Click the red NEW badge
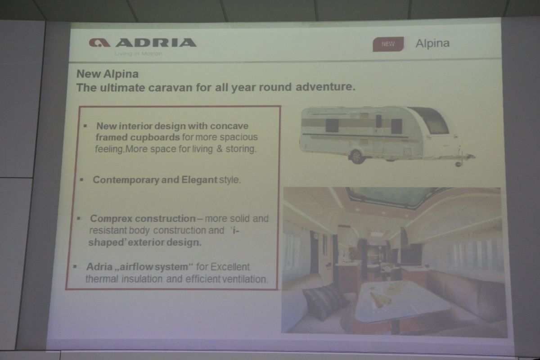[x=388, y=44]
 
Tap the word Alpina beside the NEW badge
[x=432, y=44]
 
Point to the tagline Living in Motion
[x=139, y=54]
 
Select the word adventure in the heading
[x=325, y=87]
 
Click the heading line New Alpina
[x=108, y=74]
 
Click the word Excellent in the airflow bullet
[x=230, y=267]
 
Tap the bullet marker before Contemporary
[x=82, y=180]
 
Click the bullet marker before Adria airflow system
[x=75, y=267]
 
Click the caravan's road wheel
[x=357, y=157]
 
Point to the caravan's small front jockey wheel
[x=458, y=164]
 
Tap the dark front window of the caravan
[x=431, y=120]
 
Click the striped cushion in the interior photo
[x=325, y=302]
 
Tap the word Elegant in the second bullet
[x=199, y=180]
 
